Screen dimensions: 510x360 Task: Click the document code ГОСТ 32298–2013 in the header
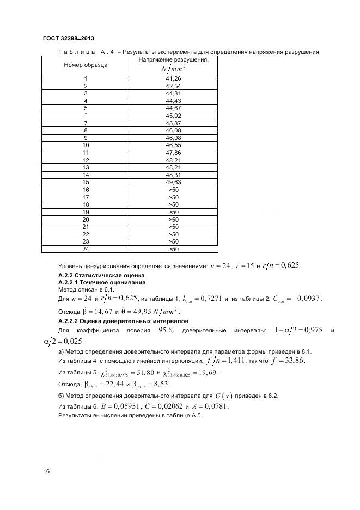coord(68,38)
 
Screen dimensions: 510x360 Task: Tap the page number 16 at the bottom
coord(46,471)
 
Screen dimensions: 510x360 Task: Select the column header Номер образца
coord(86,65)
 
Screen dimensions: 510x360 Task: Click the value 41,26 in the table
coord(173,78)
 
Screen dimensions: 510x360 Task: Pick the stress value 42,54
coord(173,86)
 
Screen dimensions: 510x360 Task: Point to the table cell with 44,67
coord(173,108)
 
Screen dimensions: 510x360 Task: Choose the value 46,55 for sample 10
coord(173,145)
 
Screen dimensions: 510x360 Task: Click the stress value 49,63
coord(173,182)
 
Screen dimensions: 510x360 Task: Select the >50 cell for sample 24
coord(173,249)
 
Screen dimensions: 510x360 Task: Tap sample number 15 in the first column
coord(86,182)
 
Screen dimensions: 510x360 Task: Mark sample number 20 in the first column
coord(86,220)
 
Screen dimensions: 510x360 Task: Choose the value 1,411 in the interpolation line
coord(234,361)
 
